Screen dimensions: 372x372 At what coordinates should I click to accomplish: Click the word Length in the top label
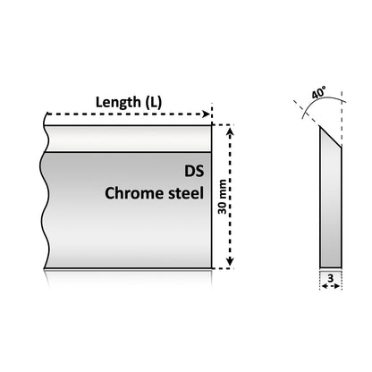tap(118, 103)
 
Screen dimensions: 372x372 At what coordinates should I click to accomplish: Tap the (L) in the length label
tap(154, 103)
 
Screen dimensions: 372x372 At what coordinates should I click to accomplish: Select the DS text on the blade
tap(194, 172)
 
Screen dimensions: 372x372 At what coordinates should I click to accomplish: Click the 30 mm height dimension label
tap(222, 197)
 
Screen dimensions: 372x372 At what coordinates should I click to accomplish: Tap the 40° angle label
tap(318, 92)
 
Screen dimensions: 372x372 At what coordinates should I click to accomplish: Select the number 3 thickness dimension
tap(330, 278)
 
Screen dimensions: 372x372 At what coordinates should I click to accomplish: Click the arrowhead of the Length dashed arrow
tap(206, 114)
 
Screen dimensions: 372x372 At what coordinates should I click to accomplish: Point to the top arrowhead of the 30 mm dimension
tap(230, 131)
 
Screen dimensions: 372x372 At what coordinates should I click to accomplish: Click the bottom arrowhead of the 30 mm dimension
tap(230, 261)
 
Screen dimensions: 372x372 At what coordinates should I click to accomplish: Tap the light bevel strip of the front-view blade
tap(128, 139)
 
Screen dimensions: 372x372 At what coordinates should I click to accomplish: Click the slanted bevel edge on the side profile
tap(331, 137)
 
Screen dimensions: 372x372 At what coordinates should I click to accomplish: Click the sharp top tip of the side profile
tap(320, 126)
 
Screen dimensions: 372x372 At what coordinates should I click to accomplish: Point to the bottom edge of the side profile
tap(331, 267)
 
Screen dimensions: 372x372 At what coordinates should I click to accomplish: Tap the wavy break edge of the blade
tap(44, 197)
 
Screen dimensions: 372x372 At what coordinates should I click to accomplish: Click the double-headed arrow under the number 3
tap(331, 286)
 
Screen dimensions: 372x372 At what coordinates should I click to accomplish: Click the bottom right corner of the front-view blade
tap(212, 268)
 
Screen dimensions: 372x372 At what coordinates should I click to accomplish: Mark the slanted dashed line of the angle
tap(307, 114)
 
